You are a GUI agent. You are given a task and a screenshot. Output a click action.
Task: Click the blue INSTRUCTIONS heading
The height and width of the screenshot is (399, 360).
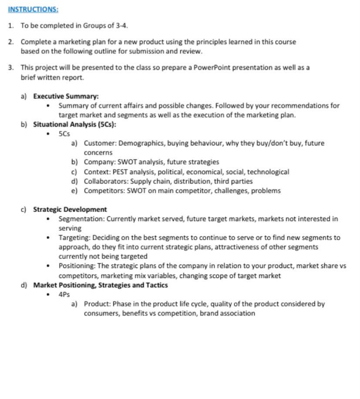pos(33,9)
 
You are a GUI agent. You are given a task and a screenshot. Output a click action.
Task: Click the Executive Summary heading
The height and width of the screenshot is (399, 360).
pos(66,96)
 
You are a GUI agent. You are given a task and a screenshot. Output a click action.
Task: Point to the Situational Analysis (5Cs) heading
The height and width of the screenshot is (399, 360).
pos(74,124)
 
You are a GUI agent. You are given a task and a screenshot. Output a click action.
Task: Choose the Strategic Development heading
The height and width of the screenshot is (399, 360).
pos(70,209)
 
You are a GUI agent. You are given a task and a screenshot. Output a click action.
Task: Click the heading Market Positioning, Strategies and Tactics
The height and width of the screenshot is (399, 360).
pos(100,285)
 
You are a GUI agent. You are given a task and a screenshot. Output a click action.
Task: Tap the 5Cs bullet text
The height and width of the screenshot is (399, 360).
pos(64,134)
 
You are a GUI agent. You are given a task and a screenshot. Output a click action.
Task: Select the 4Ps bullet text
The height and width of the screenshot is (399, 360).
pos(64,295)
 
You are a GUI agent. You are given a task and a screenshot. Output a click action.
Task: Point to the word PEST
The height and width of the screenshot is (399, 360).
pos(120,172)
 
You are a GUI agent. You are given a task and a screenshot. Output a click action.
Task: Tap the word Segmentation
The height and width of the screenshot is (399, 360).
pos(81,219)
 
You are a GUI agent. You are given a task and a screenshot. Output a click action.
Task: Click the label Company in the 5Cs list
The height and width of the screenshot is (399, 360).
pos(100,162)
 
